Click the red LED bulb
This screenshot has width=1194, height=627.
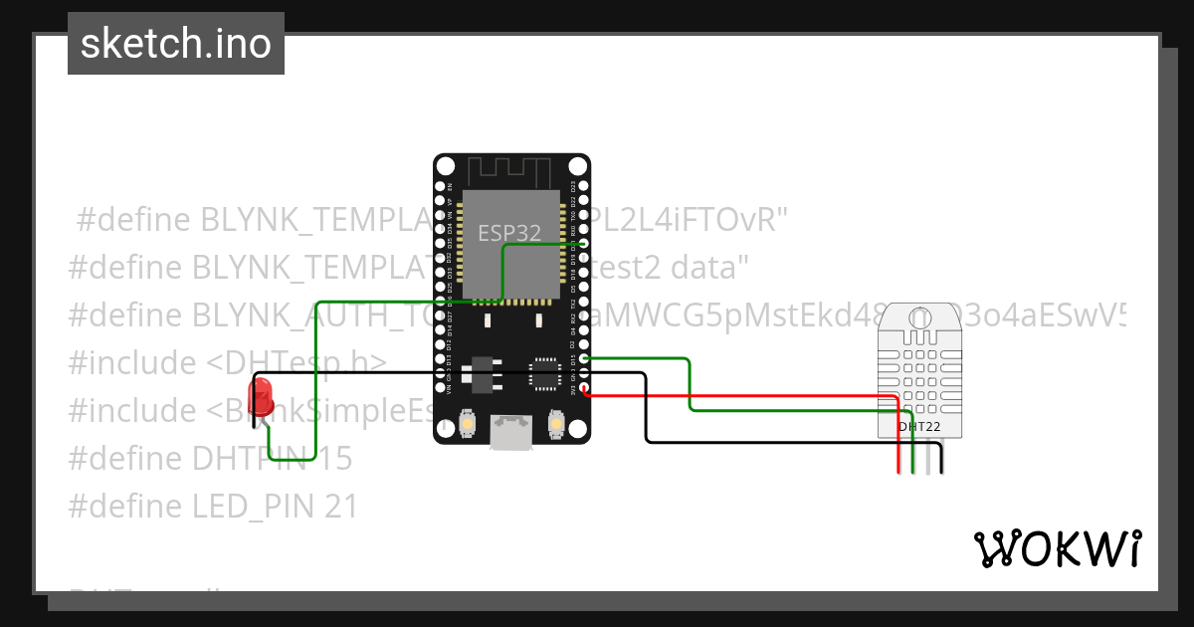pyautogui.click(x=262, y=396)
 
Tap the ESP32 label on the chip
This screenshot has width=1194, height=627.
pyautogui.click(x=509, y=233)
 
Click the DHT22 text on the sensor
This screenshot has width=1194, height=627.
pyautogui.click(x=918, y=427)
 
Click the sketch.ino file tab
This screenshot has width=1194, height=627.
pyautogui.click(x=176, y=44)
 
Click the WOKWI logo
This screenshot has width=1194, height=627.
pyautogui.click(x=1057, y=548)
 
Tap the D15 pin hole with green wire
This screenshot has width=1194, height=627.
pyautogui.click(x=584, y=357)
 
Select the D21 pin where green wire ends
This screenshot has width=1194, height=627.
pyautogui.click(x=584, y=242)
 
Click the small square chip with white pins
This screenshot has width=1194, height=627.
pyautogui.click(x=544, y=373)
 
